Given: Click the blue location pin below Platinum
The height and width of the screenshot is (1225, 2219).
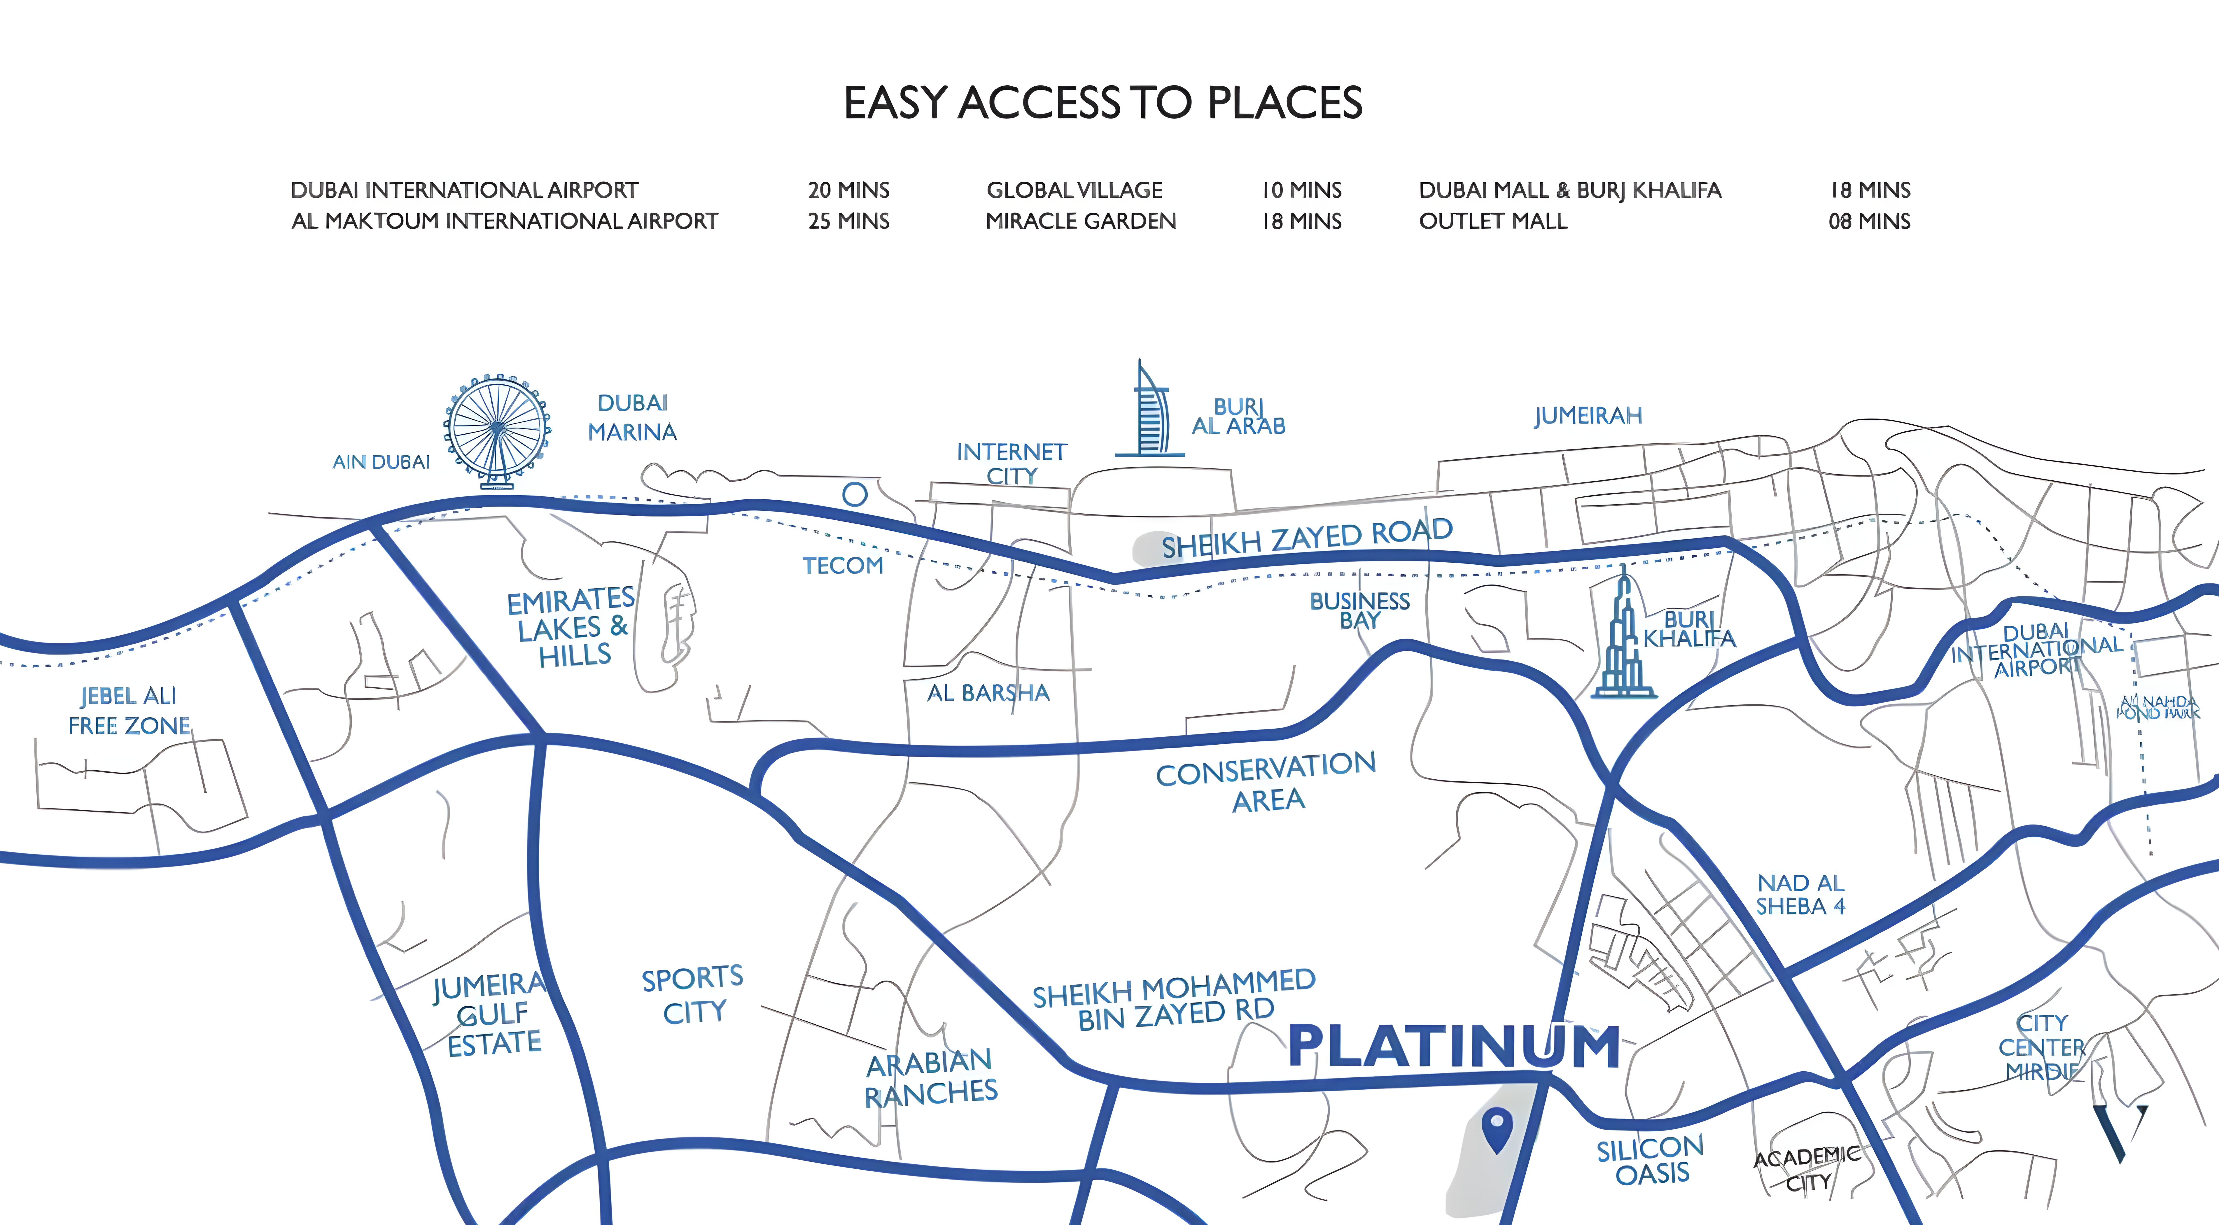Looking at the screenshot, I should (x=1497, y=1128).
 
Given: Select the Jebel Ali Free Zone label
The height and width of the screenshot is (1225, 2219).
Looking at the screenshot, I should (x=129, y=711).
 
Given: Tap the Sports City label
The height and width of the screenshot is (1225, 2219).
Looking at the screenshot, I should (x=693, y=995).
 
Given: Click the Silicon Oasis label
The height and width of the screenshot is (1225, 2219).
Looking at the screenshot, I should (x=1651, y=1160).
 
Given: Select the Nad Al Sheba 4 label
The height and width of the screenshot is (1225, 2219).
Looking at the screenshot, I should (x=1800, y=894).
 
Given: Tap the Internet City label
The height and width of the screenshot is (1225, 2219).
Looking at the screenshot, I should (x=1011, y=463).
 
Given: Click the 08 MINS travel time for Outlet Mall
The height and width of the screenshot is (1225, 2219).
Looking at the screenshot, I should (x=1869, y=221).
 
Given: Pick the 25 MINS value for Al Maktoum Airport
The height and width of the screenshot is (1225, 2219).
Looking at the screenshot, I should (x=848, y=221).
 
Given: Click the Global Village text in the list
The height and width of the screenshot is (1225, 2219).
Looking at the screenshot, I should (x=1074, y=190).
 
